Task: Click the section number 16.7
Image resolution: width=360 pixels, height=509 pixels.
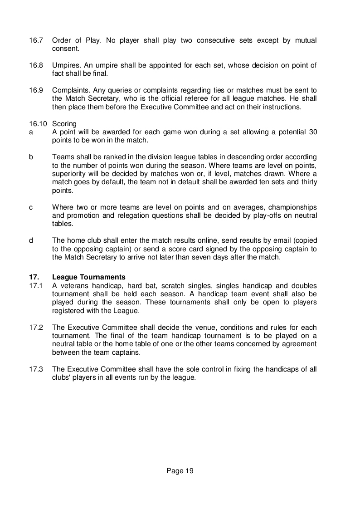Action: coord(36,40)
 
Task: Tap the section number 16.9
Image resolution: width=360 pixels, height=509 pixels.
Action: coord(36,90)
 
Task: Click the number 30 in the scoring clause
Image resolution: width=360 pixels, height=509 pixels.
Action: coord(312,132)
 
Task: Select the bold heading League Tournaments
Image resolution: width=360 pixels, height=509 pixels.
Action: coord(89,277)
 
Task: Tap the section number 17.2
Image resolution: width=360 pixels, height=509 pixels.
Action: coord(36,327)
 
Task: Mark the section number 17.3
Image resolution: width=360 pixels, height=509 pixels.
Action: coord(36,369)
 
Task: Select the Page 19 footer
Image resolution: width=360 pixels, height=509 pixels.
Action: coord(180,470)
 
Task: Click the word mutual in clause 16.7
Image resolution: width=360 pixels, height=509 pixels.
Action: coord(305,40)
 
